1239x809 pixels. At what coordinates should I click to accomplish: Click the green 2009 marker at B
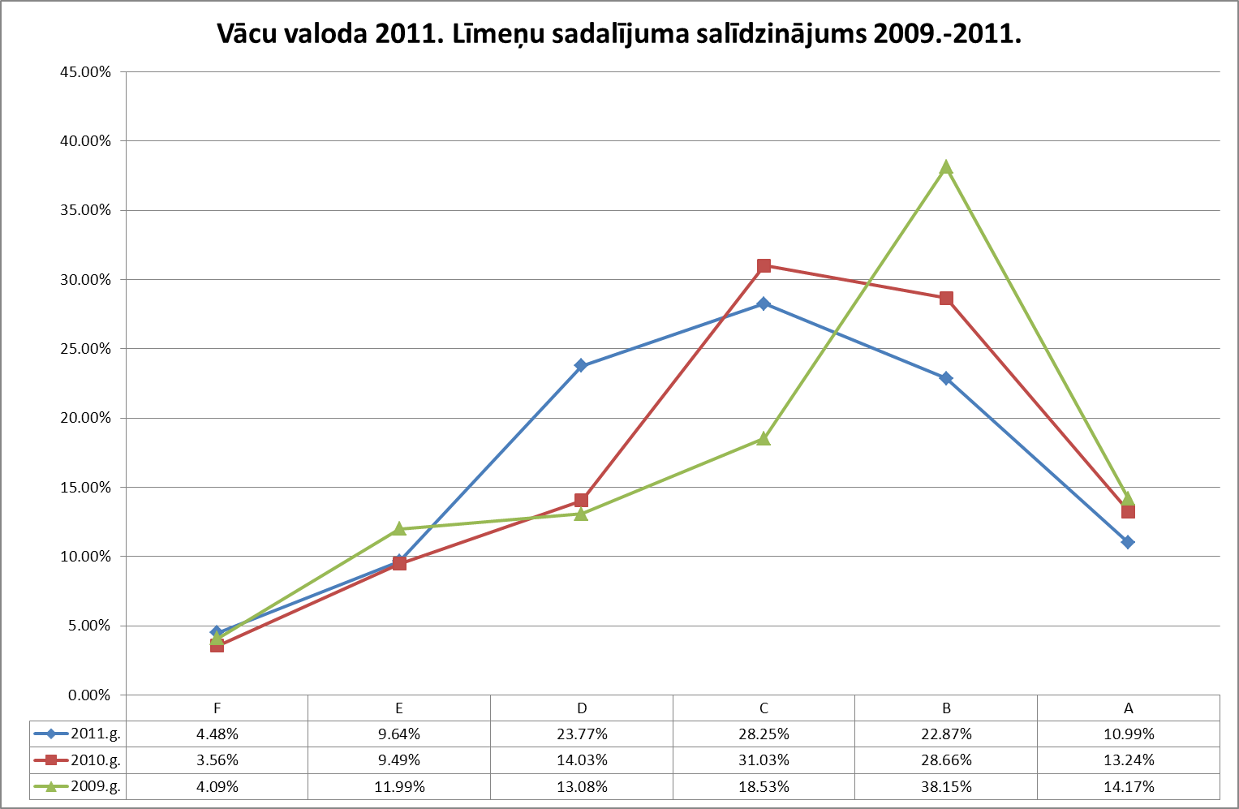(946, 167)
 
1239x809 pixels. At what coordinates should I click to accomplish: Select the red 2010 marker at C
(764, 266)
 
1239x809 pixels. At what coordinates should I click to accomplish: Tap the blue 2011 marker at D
(581, 366)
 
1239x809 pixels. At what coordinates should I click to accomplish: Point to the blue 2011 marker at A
(1128, 542)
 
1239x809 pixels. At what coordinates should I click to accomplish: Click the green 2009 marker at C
(764, 438)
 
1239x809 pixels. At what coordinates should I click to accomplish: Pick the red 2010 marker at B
(946, 299)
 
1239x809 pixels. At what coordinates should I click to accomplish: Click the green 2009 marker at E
(399, 529)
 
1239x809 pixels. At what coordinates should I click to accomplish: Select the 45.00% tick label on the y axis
(85, 71)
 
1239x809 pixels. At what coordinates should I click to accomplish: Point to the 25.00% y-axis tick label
(85, 349)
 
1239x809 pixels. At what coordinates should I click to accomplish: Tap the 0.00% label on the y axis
(88, 695)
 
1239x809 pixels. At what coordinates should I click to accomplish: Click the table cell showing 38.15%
(946, 786)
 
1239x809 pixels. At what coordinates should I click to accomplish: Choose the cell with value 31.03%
(764, 760)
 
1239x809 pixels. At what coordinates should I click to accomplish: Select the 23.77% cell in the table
(581, 734)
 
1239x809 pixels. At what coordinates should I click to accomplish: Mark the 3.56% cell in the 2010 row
(217, 760)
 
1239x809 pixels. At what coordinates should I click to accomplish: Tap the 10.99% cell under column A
(1128, 734)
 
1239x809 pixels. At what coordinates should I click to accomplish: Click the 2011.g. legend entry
(78, 734)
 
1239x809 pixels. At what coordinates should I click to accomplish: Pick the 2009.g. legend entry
(78, 786)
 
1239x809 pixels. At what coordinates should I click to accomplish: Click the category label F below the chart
(217, 708)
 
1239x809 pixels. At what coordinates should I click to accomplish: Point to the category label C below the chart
(764, 708)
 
